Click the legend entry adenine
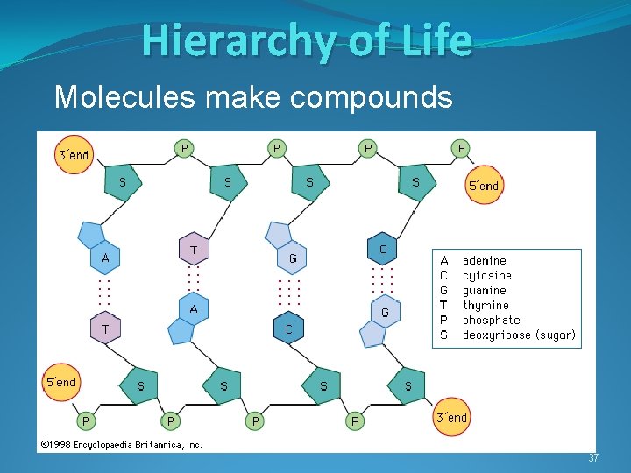point(484,260)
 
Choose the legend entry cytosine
point(486,275)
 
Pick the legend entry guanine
point(484,290)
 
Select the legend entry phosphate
point(491,320)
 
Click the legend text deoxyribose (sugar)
point(519,335)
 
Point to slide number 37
point(593,458)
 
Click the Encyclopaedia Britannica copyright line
point(121,444)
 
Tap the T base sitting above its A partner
point(194,250)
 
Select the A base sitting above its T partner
point(105,258)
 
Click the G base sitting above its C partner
point(293,258)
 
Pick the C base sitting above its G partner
point(383,250)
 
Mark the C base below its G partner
point(288,329)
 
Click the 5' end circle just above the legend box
point(484,186)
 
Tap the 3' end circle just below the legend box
point(451,417)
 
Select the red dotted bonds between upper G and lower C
point(289,293)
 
